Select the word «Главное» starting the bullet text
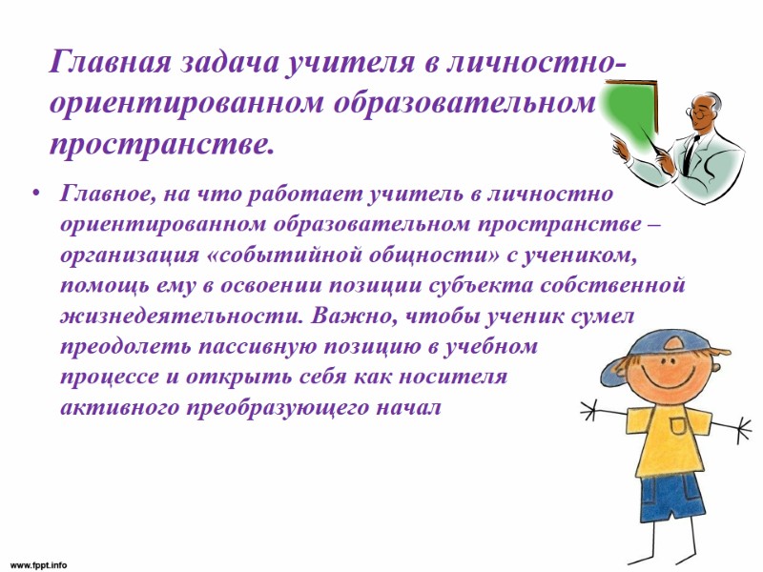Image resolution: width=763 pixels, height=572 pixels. tap(102, 195)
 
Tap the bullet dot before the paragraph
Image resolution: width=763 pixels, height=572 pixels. tap(36, 195)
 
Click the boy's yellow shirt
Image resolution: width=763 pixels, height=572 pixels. tap(671, 439)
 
